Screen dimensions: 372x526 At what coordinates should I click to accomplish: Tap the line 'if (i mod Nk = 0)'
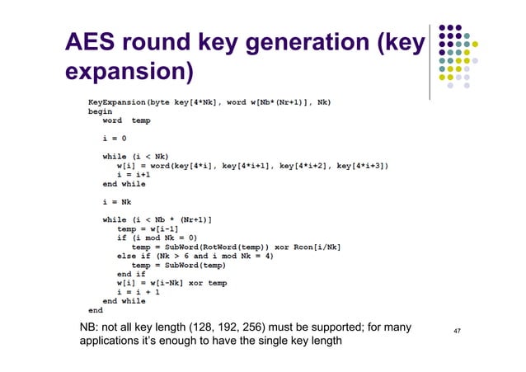pyautogui.click(x=161, y=238)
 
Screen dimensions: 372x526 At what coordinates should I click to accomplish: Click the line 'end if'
pyautogui.click(x=132, y=275)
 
